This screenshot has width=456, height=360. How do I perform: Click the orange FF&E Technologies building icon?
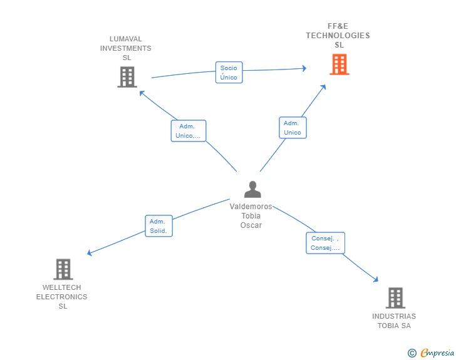pos(339,64)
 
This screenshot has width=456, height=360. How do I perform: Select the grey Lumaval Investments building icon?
pos(127,77)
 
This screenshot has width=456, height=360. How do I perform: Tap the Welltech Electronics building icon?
pos(63,269)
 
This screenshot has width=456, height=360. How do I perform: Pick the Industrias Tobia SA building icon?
pos(395,298)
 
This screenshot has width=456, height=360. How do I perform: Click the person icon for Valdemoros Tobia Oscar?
pos(252,189)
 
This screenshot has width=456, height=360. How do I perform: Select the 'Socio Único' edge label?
pos(229,73)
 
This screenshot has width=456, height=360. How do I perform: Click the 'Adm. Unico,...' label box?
pos(189,131)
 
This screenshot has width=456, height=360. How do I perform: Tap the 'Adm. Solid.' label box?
pos(158,226)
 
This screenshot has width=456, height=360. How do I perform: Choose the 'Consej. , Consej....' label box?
pos(326,243)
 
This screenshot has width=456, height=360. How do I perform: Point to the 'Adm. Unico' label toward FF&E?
pos(293,128)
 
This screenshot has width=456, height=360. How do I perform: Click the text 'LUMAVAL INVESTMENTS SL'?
pos(126,48)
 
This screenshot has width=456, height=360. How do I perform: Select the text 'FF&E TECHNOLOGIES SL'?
pos(338,36)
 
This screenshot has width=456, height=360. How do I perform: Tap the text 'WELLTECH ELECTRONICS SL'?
pos(62,297)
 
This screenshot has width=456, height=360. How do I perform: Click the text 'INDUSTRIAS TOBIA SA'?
pos(394,321)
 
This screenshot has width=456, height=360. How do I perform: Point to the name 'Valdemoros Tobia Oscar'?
pos(251,216)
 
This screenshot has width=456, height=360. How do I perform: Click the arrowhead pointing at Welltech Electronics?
pos(90,253)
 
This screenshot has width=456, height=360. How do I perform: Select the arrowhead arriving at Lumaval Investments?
pos(142,93)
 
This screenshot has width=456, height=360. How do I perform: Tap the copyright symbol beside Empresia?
pos(412,354)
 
